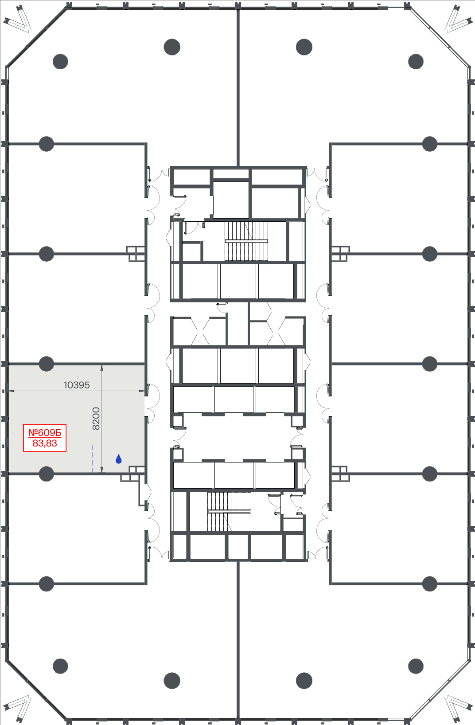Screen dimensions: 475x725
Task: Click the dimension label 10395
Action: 77,385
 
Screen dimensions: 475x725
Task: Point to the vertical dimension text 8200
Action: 96,419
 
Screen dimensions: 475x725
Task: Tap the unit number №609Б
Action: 45,433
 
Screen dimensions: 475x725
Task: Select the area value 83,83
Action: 45,443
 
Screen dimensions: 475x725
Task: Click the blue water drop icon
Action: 119,459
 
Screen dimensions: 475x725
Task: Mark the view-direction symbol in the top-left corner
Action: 18,19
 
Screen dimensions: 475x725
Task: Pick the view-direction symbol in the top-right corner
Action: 457,19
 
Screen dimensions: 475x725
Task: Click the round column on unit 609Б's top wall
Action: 46,364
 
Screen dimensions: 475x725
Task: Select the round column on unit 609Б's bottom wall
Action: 46,474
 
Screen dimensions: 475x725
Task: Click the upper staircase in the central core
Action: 246,241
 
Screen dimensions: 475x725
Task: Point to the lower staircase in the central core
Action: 229,511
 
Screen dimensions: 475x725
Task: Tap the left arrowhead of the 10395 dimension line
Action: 9,391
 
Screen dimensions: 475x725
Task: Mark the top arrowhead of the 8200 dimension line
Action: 102,366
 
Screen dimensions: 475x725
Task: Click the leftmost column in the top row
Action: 60,62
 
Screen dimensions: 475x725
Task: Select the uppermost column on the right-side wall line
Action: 430,144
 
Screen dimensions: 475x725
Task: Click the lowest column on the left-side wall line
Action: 46,584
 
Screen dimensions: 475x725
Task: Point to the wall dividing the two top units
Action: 238,87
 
